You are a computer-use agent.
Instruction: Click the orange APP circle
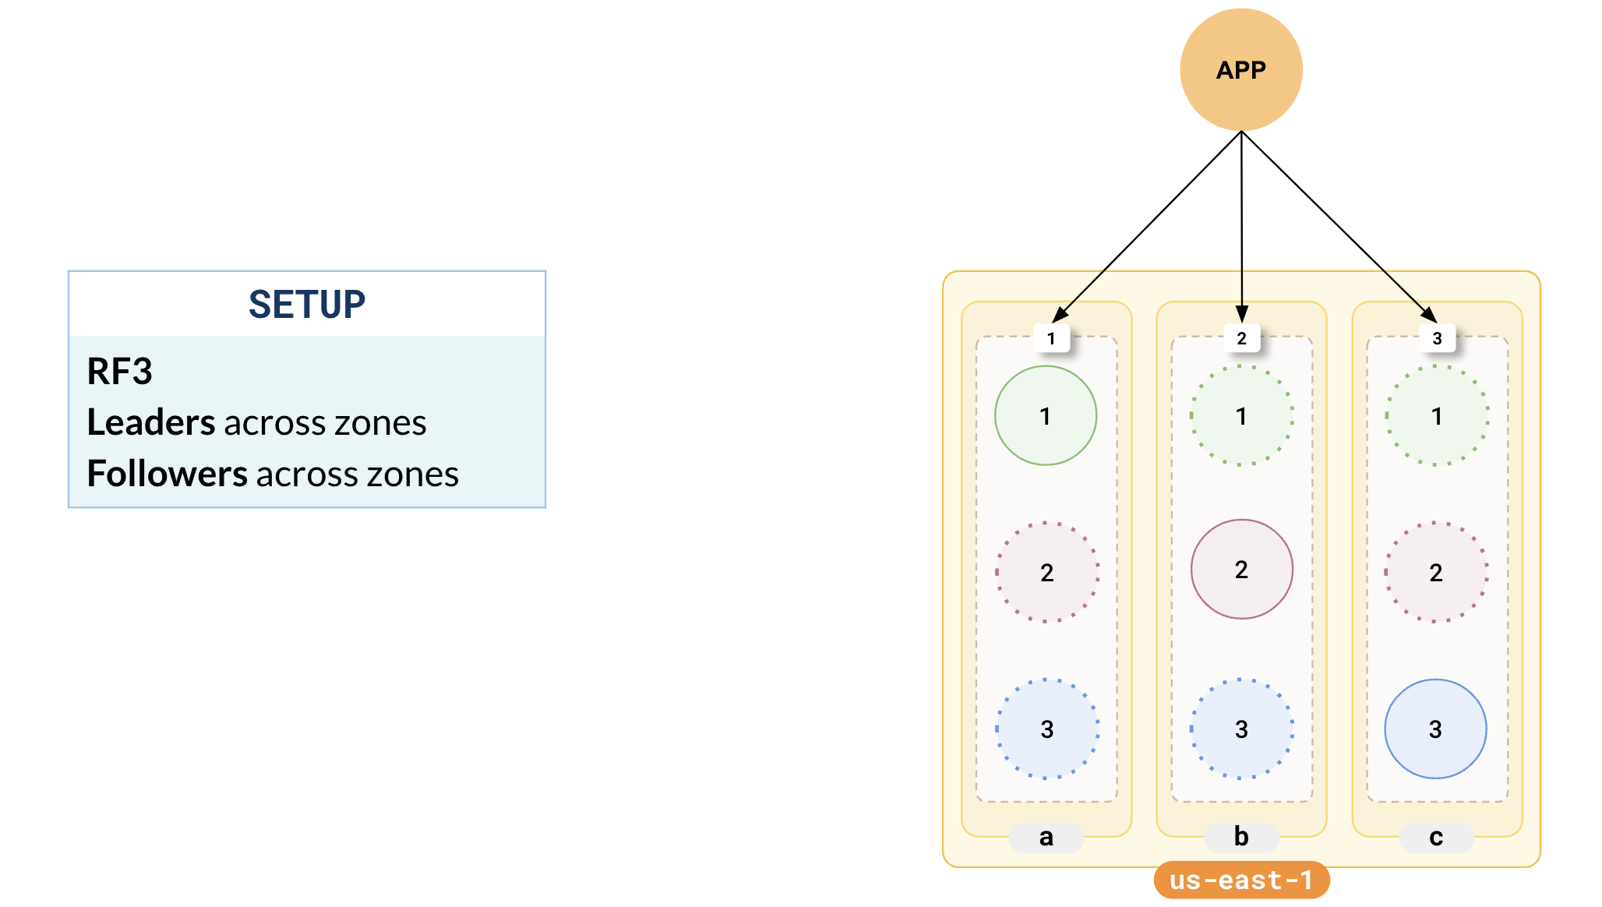1241,70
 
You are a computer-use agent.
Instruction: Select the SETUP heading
307,305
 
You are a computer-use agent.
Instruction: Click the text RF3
119,372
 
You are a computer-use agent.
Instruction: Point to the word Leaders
150,423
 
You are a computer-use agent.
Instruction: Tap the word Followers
167,475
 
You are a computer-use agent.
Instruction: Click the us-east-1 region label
1241,880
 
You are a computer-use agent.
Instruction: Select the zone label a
1046,837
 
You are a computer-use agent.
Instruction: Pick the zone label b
1241,837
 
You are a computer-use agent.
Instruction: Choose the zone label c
1436,837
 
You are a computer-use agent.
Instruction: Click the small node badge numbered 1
1051,338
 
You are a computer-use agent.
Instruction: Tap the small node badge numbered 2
1242,338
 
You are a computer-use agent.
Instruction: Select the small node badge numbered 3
1438,338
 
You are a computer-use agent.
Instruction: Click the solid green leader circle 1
1046,416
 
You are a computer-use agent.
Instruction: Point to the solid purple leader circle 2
1241,570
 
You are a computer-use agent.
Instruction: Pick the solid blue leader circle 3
1435,729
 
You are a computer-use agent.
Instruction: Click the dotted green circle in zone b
1241,416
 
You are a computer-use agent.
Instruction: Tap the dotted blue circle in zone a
1047,729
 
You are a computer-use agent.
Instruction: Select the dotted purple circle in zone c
1436,573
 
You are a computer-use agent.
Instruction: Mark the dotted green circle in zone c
1437,416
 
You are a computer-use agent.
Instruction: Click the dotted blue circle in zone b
1241,729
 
